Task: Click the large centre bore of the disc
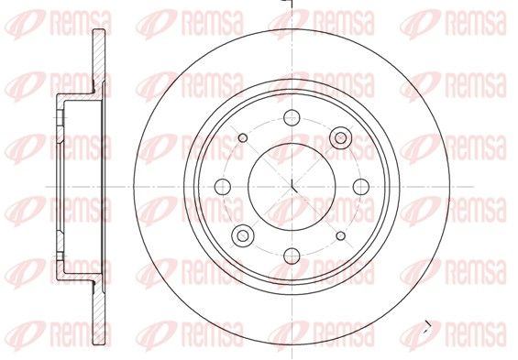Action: coord(292,187)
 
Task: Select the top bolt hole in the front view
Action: coord(292,118)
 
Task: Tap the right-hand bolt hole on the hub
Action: coord(361,187)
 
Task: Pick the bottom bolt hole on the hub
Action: coord(292,256)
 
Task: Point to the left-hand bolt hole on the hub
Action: coord(223,187)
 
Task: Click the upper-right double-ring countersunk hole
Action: coord(341,137)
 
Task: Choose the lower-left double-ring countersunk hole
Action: coord(243,235)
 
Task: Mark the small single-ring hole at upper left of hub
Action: coord(243,137)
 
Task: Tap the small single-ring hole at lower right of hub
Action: coord(341,235)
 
